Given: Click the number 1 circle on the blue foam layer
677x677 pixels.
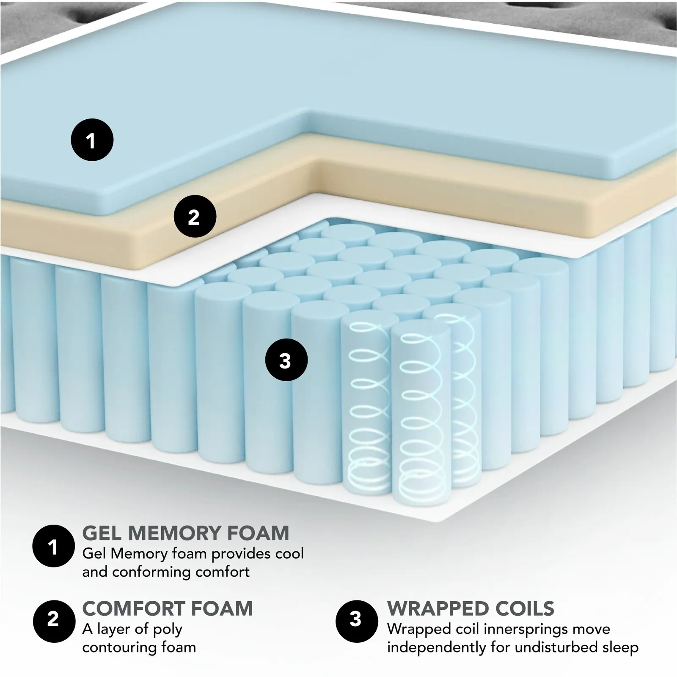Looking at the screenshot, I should [92, 140].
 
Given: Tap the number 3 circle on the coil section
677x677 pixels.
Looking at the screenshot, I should [286, 361].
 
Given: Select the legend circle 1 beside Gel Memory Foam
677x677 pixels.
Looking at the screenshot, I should [53, 546].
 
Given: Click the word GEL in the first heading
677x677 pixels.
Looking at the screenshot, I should [102, 533].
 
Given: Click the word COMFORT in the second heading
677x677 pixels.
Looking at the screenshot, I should [134, 609].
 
